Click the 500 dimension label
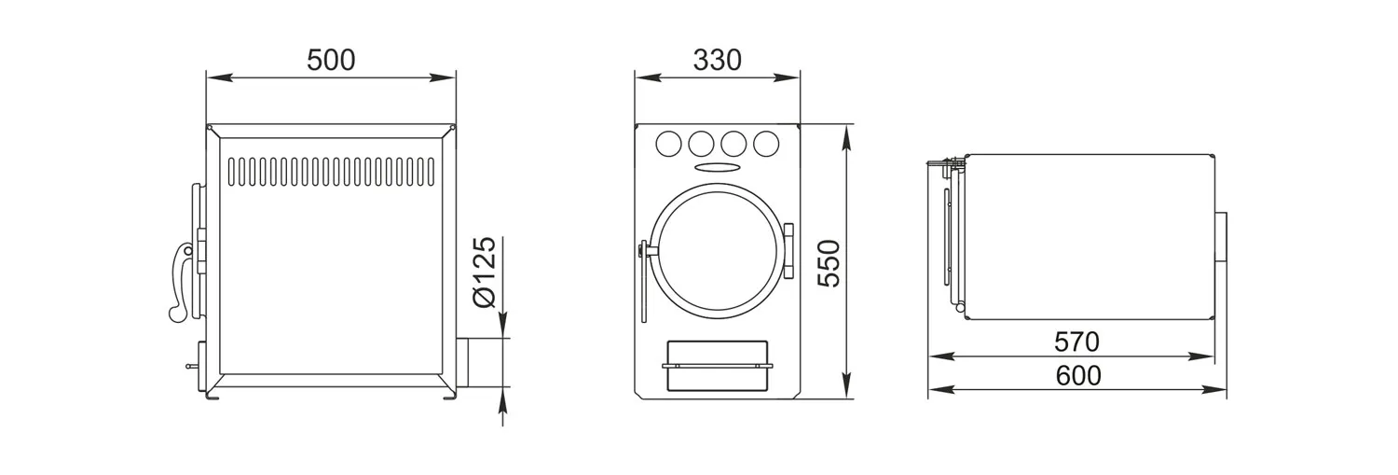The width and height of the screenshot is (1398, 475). [331, 60]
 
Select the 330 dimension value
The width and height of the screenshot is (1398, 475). [717, 60]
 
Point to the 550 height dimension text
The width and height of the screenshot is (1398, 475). [829, 263]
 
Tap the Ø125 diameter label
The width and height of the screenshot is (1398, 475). [485, 272]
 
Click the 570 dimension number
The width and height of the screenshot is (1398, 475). [1076, 342]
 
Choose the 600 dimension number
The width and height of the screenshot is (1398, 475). [1077, 376]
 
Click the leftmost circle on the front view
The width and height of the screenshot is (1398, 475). [668, 144]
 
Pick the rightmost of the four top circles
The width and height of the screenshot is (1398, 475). [766, 144]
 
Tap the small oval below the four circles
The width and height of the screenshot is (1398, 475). [717, 167]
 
